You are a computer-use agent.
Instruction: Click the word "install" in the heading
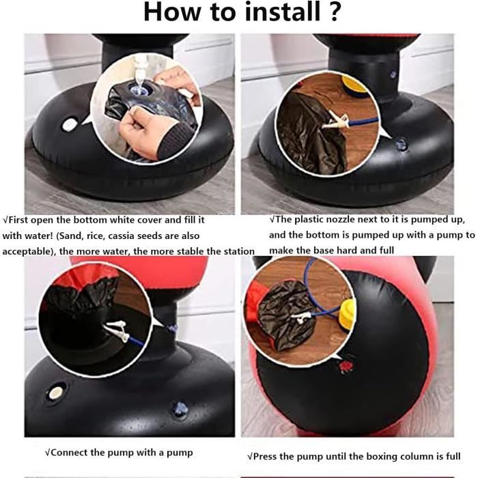283,12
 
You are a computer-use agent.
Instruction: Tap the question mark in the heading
335,12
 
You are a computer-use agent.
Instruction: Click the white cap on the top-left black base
70,125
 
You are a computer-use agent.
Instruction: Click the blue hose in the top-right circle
363,122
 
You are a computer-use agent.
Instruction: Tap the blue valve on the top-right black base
401,143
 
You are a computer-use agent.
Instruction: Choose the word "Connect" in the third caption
69,452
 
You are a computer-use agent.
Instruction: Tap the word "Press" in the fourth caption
265,456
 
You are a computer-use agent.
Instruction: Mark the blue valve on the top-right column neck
393,74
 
